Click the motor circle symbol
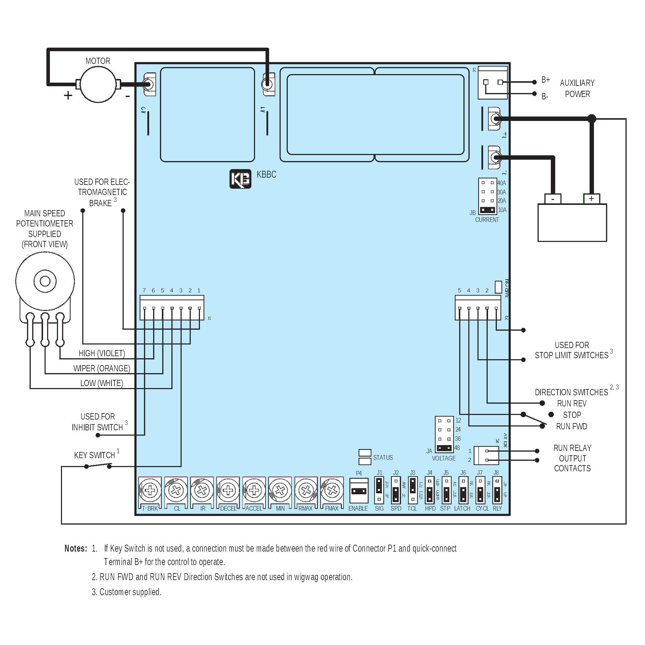pos(98,85)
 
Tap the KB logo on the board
pos(240,179)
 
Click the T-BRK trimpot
pos(150,490)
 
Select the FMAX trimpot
pos(332,490)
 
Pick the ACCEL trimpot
pos(254,490)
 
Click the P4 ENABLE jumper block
pos(359,491)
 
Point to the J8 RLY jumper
pos(497,490)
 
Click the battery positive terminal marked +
pos(591,199)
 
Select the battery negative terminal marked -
pos(553,199)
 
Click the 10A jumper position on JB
pos(488,210)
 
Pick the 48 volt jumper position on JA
pos(444,448)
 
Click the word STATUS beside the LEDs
pos(383,458)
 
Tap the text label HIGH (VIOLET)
pos(102,353)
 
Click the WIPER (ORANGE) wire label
pos(102,368)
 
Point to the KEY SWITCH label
pos(94,455)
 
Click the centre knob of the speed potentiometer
pos(45,281)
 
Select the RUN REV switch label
pos(572,403)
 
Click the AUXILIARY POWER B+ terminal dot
pos(534,82)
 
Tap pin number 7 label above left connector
pos(144,290)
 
